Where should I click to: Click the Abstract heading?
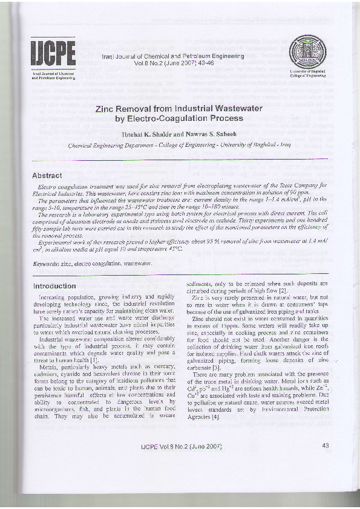click(47, 175)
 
